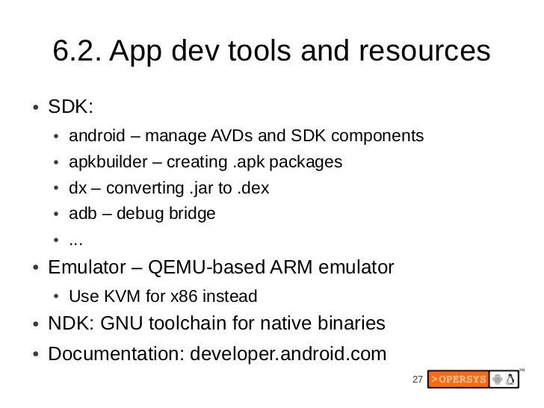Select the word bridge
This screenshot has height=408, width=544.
(191, 214)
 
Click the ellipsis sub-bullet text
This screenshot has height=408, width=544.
(75, 241)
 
